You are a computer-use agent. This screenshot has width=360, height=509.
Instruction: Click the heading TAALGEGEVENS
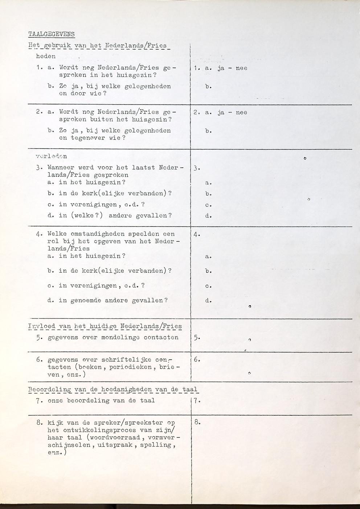click(x=51, y=34)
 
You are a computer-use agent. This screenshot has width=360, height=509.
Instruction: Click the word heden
click(x=46, y=56)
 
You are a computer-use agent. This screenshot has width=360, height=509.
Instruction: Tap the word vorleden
click(x=51, y=156)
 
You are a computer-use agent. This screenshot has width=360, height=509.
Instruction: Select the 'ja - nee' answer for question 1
click(x=232, y=68)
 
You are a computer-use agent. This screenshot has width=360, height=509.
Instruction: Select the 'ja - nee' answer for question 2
click(x=232, y=113)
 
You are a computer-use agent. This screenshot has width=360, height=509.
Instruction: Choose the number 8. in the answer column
click(x=197, y=422)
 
